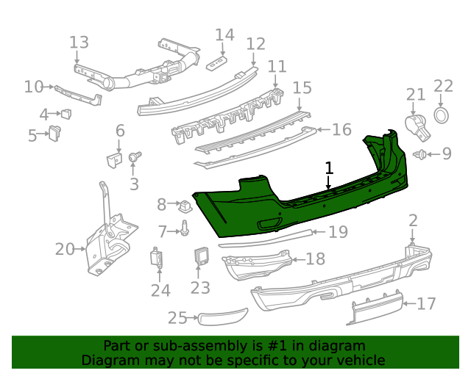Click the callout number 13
pos(79,42)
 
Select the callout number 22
pos(443,87)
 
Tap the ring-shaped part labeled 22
pos(442,115)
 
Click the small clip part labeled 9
pos(421,154)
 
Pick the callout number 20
pos(65,250)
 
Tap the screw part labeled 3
pos(135,157)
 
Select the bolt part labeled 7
pos(185,231)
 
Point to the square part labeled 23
pos(202,257)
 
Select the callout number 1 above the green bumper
pos(329,168)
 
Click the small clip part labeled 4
pos(67,113)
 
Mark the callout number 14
pos(224,34)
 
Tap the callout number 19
pos(337,233)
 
